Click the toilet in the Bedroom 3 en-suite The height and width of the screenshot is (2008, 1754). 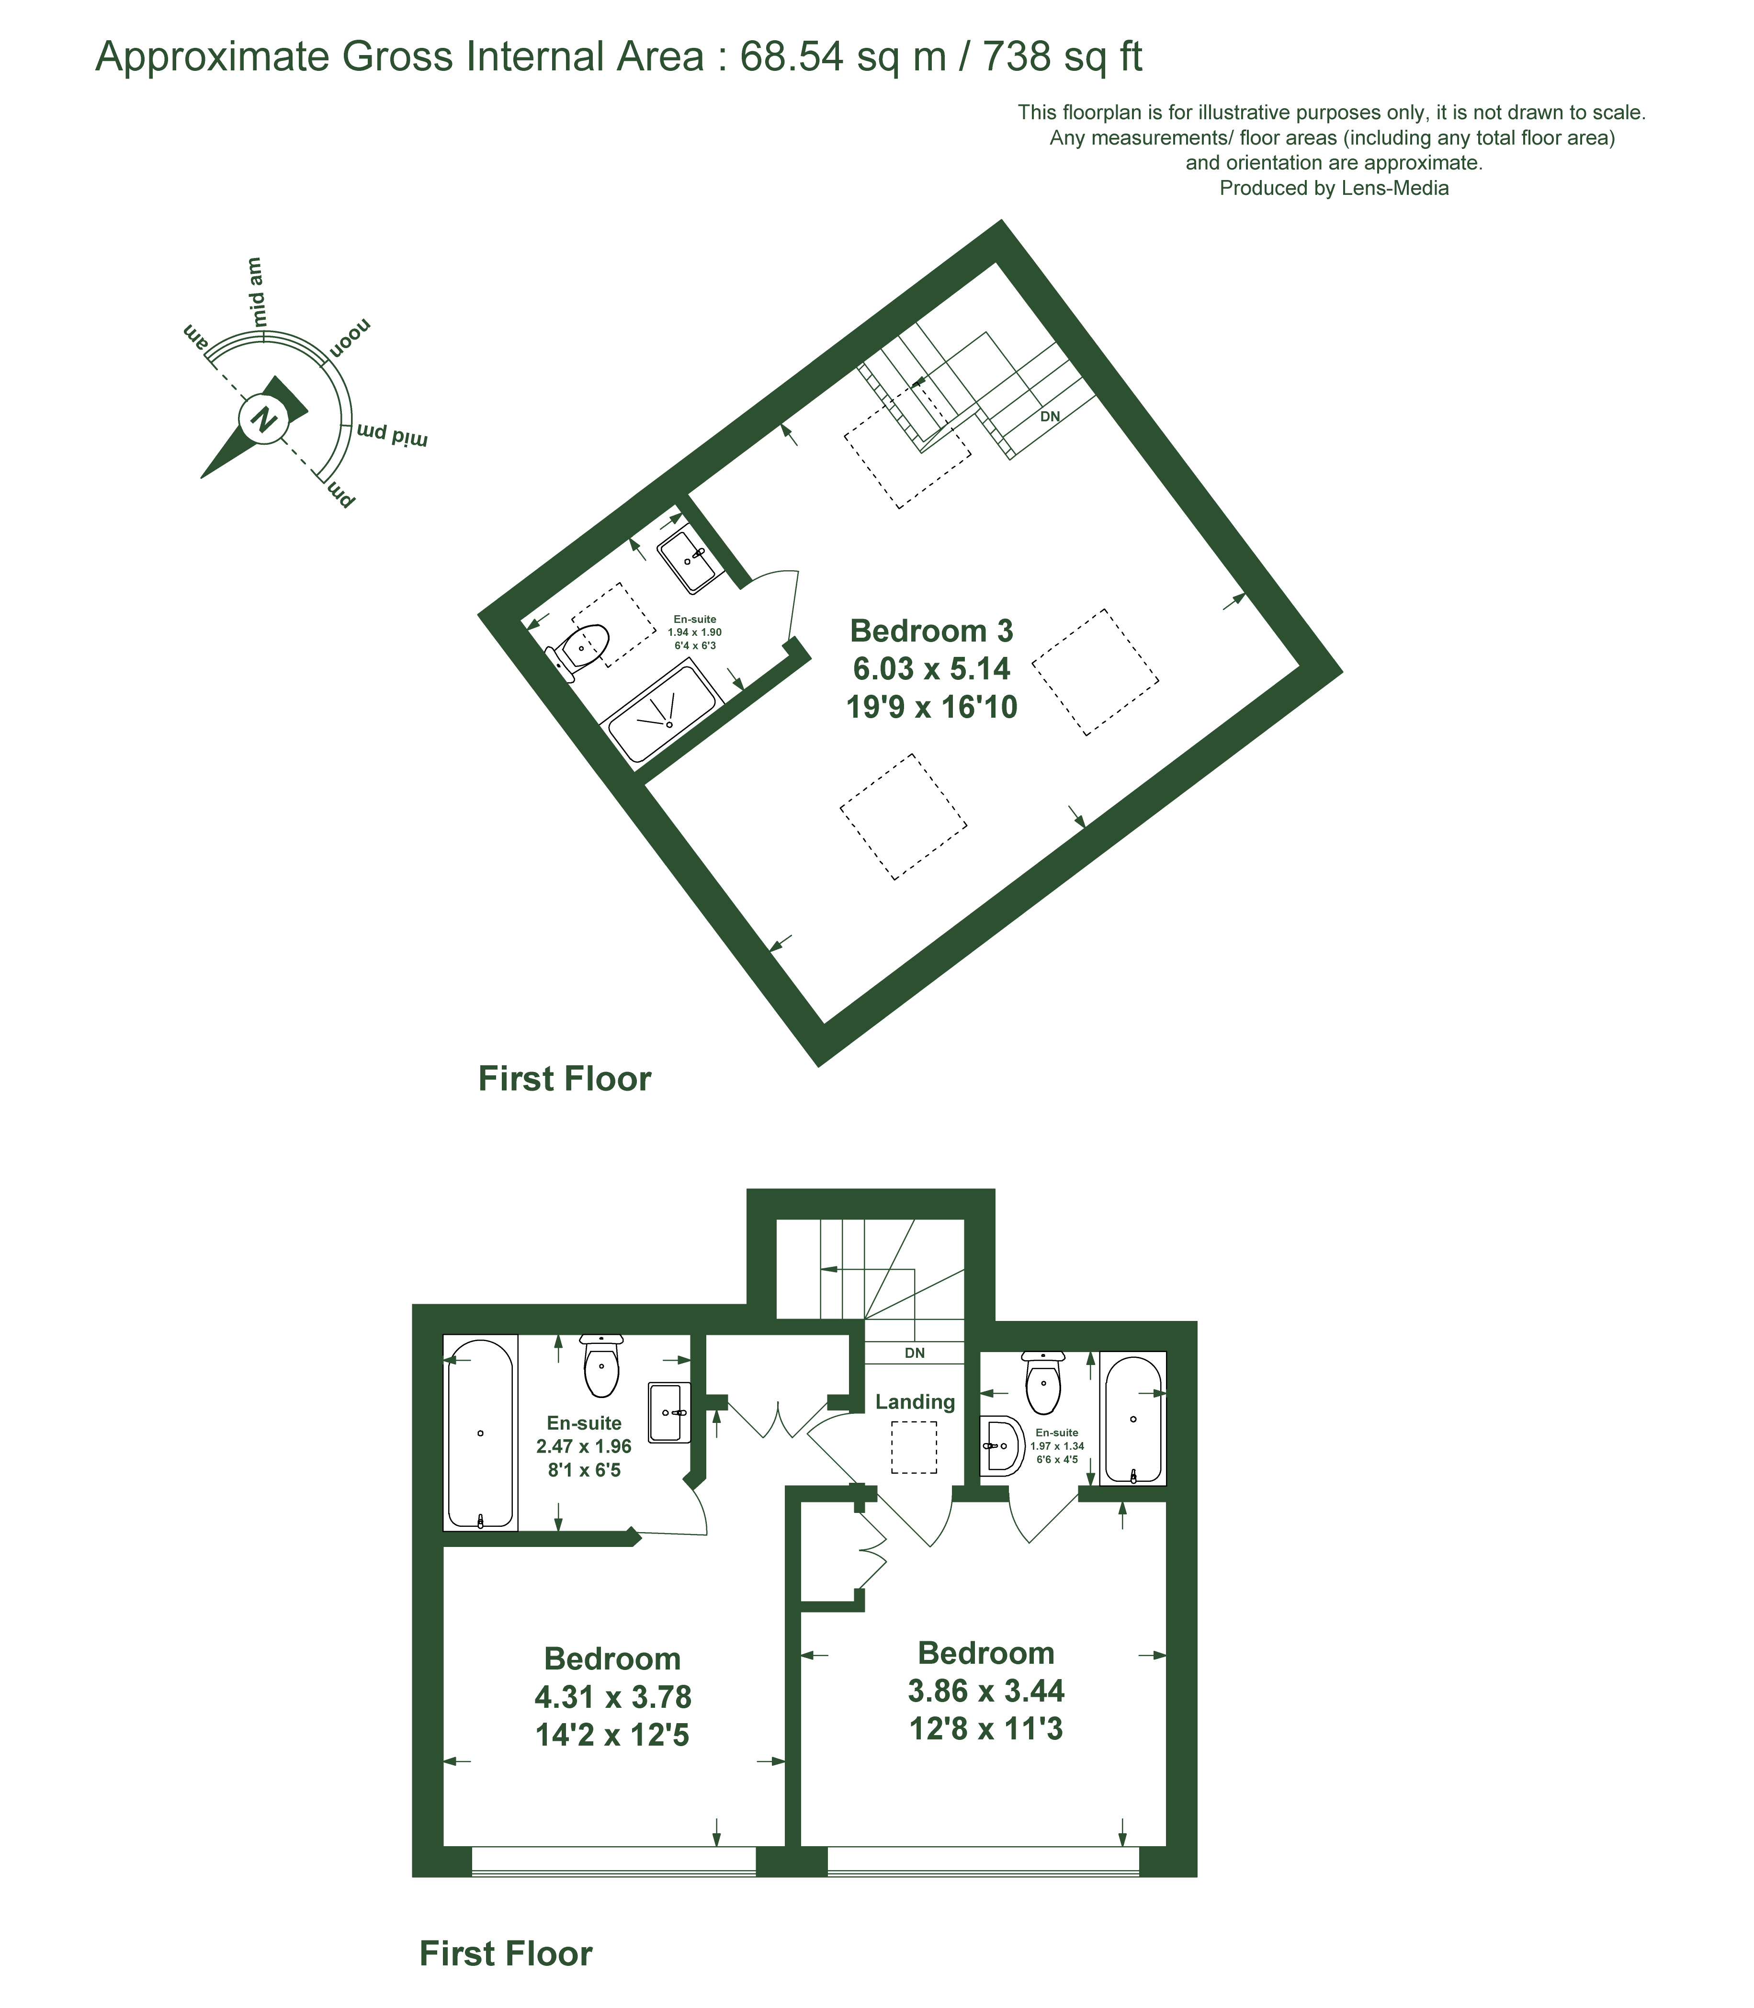tap(582, 649)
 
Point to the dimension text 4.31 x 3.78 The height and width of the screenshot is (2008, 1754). tap(613, 1697)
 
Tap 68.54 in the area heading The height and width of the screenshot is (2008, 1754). tap(792, 57)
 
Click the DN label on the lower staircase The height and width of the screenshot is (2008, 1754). tap(914, 1354)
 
